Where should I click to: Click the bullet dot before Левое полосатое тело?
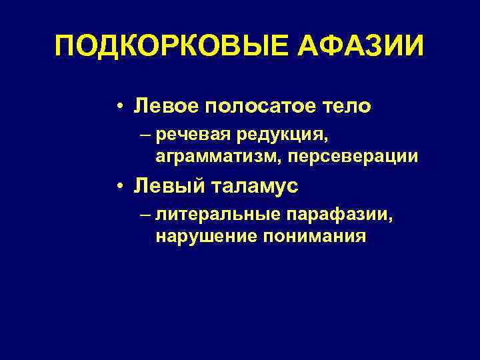click(118, 106)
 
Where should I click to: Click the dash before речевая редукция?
click(146, 136)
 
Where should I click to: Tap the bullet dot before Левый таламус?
click(118, 187)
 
